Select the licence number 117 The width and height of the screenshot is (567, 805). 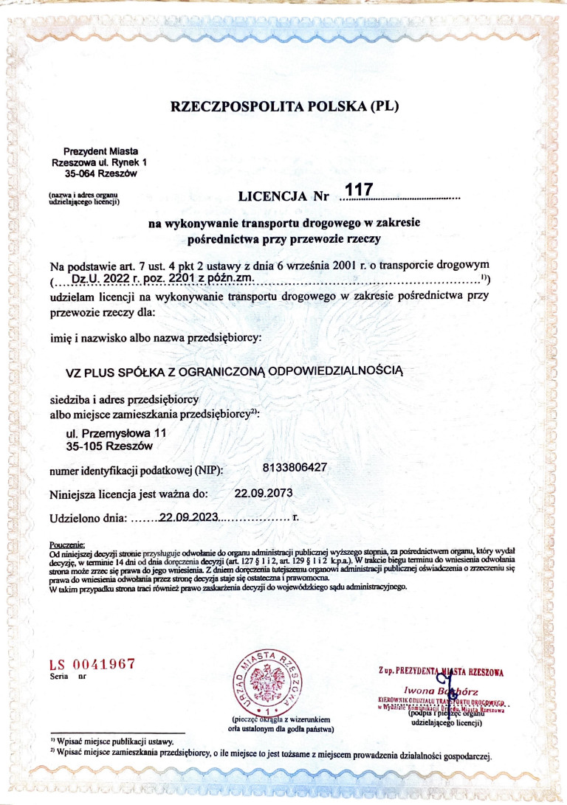click(x=355, y=191)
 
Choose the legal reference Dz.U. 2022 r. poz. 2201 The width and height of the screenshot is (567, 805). click(x=162, y=277)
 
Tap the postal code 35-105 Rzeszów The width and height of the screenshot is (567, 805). click(x=109, y=446)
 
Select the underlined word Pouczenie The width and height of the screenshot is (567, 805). click(x=66, y=545)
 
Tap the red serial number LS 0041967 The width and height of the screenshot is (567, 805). click(x=92, y=663)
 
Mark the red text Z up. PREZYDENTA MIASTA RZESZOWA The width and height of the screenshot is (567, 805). click(x=439, y=671)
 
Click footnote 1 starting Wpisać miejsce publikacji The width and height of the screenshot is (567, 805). click(x=112, y=739)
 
